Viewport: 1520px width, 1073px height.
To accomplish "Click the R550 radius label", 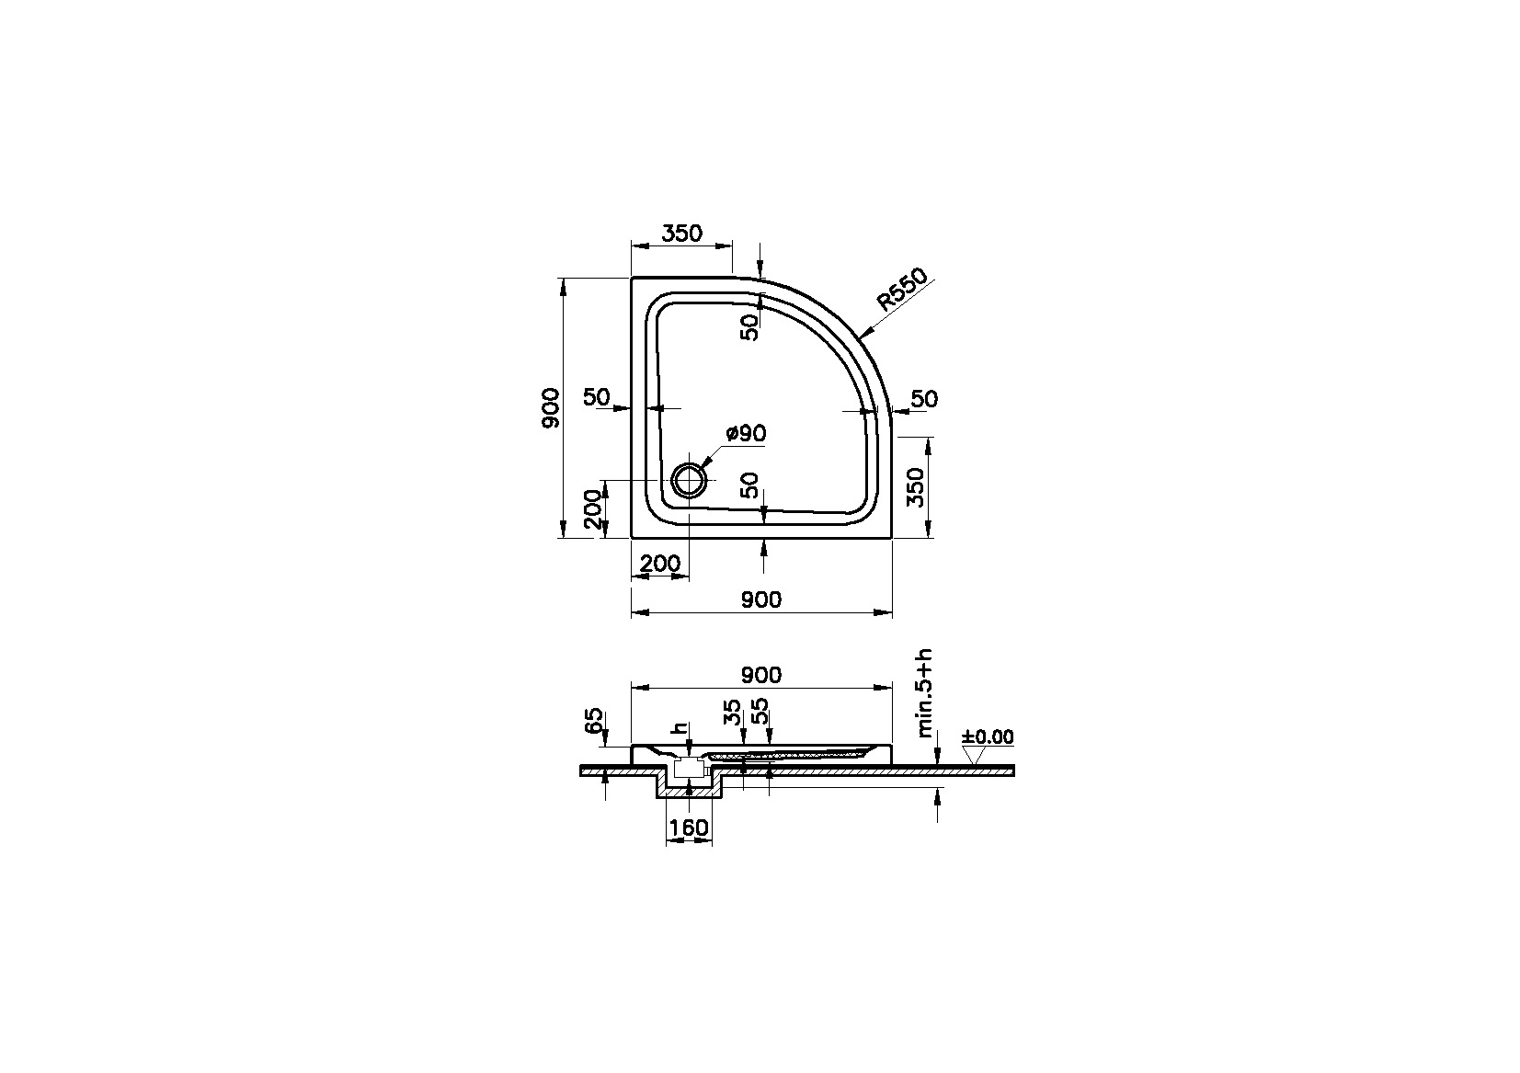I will coord(900,291).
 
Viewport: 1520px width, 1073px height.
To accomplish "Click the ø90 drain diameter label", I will coord(746,433).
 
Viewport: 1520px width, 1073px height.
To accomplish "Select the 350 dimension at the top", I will coord(681,234).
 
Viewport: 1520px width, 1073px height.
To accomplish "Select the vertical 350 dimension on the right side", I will coord(915,487).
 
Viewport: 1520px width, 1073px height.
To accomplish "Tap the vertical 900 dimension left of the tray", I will coord(550,408).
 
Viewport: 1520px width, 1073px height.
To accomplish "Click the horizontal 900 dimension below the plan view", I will coord(760,600).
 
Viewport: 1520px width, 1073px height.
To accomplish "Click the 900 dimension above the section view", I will coord(760,676).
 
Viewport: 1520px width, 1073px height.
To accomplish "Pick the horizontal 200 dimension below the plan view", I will coord(659,564).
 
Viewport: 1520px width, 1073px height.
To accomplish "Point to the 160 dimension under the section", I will coord(689,828).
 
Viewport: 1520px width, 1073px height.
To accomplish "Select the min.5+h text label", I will coord(925,692).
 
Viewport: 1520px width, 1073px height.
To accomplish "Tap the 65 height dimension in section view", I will coord(594,720).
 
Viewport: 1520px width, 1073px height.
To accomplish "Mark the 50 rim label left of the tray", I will coord(597,397).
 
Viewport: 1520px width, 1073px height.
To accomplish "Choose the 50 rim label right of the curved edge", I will coord(924,399).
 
